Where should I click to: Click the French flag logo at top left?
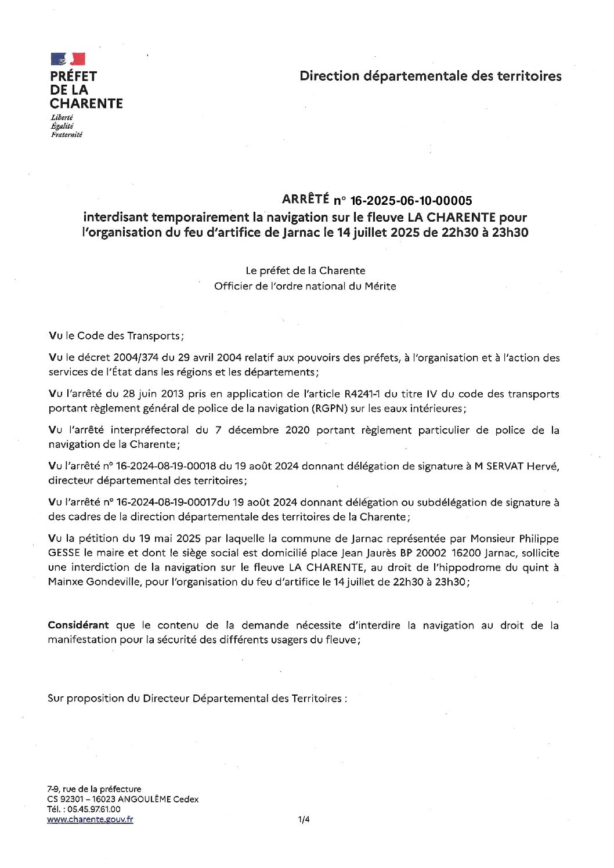click(68, 59)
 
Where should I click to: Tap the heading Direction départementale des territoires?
click(430, 76)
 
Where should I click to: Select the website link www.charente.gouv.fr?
click(90, 819)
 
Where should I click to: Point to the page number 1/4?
click(304, 819)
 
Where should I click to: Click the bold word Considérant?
click(78, 625)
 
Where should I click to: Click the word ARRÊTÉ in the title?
click(305, 200)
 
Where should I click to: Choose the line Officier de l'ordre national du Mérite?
click(305, 286)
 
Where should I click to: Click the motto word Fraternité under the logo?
click(67, 135)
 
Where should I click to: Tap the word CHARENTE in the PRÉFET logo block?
click(86, 104)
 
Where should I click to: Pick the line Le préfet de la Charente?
click(305, 270)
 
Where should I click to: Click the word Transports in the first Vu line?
click(154, 336)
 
